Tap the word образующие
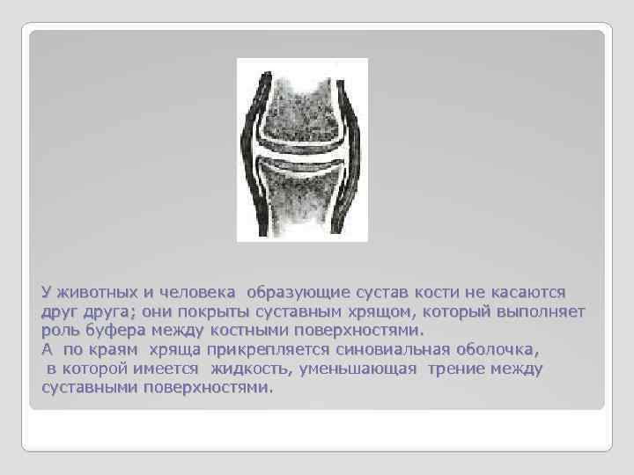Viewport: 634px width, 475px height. (297, 292)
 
